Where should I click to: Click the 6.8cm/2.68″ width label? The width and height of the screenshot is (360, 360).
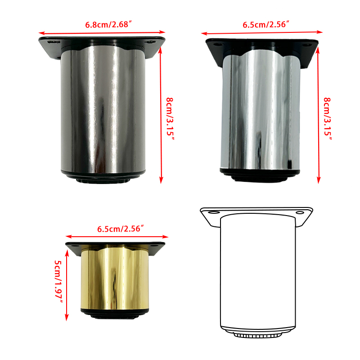[x=108, y=24]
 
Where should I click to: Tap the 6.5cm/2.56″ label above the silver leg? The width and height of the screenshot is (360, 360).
[x=265, y=24]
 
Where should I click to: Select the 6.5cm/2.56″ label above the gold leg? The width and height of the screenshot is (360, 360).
[x=121, y=229]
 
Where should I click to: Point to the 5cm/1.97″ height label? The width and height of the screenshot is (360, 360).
[x=58, y=282]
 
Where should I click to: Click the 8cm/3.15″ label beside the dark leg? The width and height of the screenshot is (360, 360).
[x=170, y=119]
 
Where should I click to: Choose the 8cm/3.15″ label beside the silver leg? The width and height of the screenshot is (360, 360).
[x=328, y=119]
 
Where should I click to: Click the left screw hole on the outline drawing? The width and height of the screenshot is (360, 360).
[x=214, y=212]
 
